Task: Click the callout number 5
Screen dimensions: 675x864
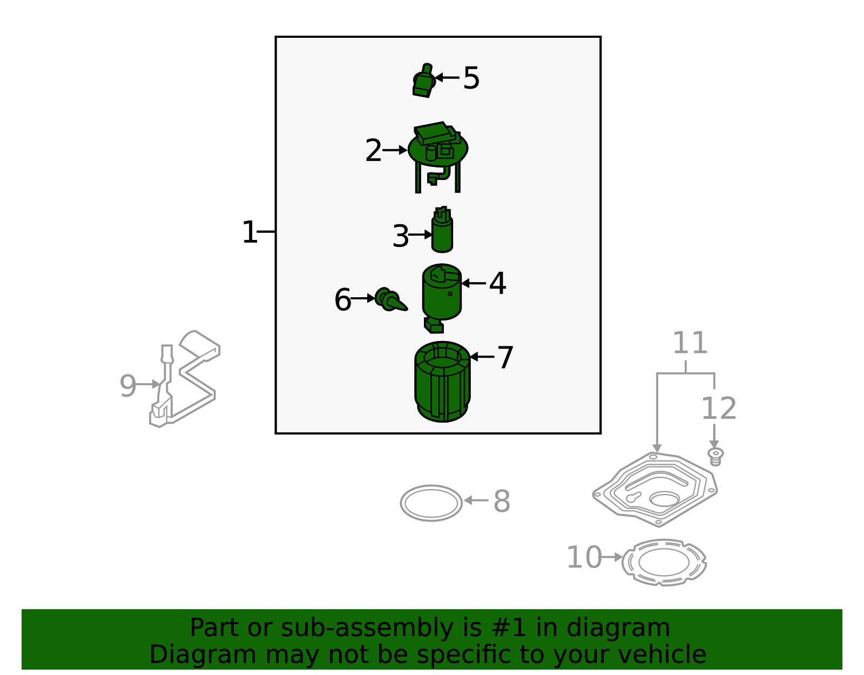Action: point(471,79)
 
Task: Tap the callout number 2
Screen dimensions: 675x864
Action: point(373,151)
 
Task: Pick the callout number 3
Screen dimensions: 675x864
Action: point(400,237)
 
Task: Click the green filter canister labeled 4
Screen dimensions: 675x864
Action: point(442,295)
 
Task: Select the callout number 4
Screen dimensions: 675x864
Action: point(497,284)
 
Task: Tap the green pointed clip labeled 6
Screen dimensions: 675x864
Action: point(390,300)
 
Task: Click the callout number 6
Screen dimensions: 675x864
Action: point(343,300)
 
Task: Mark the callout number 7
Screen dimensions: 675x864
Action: point(505,358)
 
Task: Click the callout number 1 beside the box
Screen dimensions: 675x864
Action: point(249,232)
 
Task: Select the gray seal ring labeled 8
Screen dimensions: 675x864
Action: point(431,503)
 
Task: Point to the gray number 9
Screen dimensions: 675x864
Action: point(127,386)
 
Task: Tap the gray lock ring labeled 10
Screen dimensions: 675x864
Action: point(664,562)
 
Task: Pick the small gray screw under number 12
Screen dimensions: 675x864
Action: point(715,456)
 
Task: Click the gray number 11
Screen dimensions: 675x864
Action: point(690,343)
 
